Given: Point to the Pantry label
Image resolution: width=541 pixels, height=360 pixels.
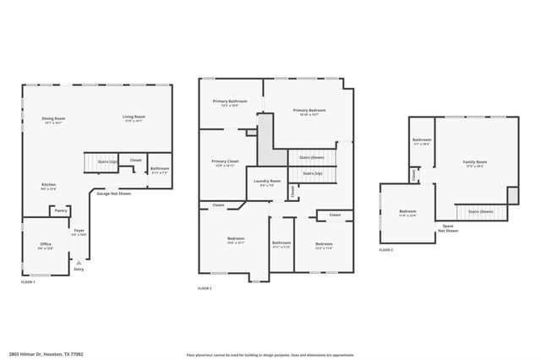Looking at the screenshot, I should tap(60, 211).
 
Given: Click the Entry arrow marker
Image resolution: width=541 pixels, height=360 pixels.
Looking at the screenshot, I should tap(79, 264).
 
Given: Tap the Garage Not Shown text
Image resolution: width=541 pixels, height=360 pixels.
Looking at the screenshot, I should tap(113, 194).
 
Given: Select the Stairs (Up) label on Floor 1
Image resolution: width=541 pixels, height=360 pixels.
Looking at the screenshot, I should tap(107, 161).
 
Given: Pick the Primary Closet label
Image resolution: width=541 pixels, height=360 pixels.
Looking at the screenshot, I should tap(225, 162).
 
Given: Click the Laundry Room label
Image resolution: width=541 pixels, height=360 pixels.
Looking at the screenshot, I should tap(266, 182).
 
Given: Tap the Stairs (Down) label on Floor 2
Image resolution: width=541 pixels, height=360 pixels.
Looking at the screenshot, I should tap(311, 157).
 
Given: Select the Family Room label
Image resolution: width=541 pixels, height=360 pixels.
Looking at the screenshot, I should tap(474, 163).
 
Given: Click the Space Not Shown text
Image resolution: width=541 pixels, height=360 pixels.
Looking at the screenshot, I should tap(448, 228).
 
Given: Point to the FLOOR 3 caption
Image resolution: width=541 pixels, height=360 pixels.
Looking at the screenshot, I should tap(385, 251).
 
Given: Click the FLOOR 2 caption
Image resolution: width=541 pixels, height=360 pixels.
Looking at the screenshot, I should tap(205, 289).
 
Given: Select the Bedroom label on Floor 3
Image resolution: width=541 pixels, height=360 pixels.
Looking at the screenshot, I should tap(407, 213).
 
